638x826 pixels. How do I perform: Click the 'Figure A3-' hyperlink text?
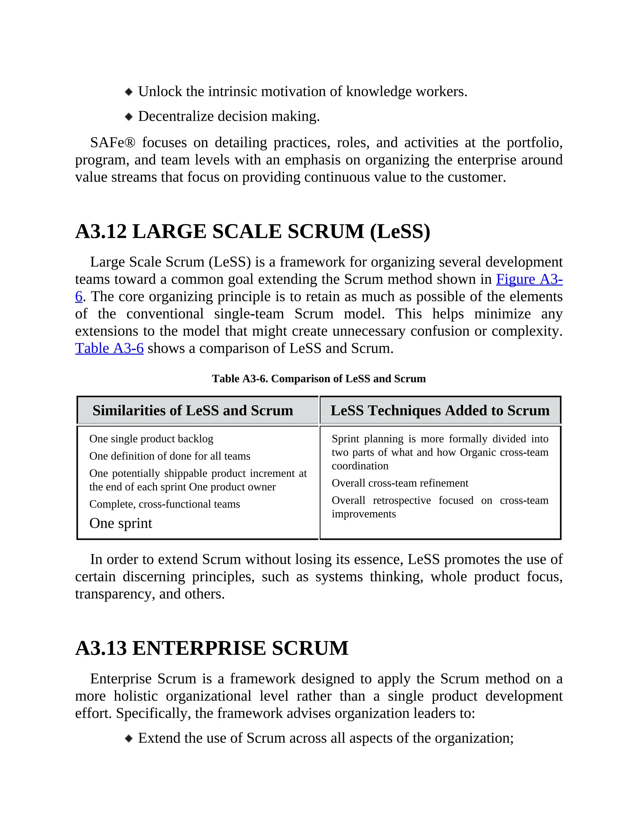coord(529,279)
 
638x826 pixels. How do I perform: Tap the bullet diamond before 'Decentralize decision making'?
coord(129,117)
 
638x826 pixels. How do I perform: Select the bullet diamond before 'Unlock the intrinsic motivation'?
coord(129,92)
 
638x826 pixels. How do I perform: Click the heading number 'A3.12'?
coord(101,232)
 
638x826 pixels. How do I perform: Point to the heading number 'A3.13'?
coord(101,648)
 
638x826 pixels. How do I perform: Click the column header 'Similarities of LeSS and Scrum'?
coord(193,411)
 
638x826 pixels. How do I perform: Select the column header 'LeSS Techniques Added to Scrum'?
coord(440,411)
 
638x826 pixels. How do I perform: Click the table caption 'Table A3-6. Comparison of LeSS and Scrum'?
coord(319,379)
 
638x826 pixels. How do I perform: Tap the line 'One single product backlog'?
coord(151,439)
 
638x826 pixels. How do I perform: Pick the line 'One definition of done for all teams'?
coord(170,456)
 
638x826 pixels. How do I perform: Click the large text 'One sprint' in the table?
coord(121,523)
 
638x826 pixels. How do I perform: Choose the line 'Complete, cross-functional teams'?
coord(164,504)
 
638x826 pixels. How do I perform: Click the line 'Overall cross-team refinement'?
coord(400,483)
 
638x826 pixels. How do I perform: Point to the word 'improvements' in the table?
coord(364,514)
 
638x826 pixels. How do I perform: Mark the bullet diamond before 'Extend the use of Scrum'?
coord(129,738)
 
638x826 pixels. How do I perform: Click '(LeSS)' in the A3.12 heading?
coord(400,232)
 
